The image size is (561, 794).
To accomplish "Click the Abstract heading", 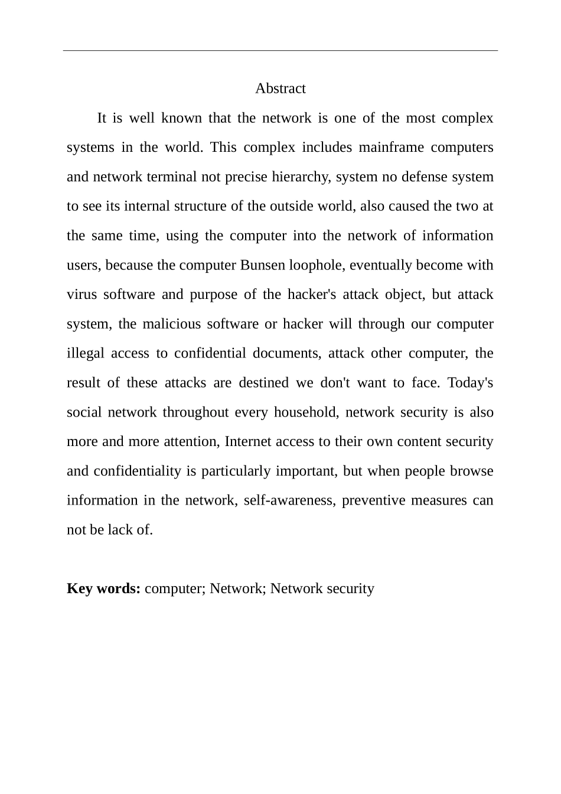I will coord(280,89).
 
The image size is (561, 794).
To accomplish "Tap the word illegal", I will coord(85,353).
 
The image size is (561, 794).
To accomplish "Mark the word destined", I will coord(263,383).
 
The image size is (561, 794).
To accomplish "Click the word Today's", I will coord(470,383).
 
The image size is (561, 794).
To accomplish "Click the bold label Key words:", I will coord(103,588).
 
